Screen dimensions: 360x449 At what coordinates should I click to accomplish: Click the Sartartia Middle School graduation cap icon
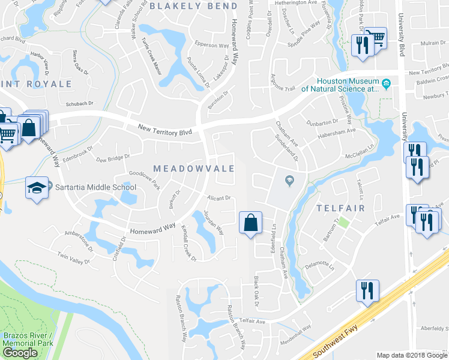coord(37,188)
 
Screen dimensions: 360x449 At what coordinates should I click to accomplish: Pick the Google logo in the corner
coord(20,352)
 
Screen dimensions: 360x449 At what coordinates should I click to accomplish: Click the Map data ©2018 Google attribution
coord(411,355)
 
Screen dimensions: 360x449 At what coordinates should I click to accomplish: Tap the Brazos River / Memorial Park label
coord(27,340)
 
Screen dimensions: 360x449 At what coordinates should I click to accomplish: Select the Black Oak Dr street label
coord(256,293)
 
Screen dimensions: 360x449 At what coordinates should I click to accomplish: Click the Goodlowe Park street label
coord(145,179)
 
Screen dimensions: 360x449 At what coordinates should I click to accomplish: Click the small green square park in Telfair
coord(343,222)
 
